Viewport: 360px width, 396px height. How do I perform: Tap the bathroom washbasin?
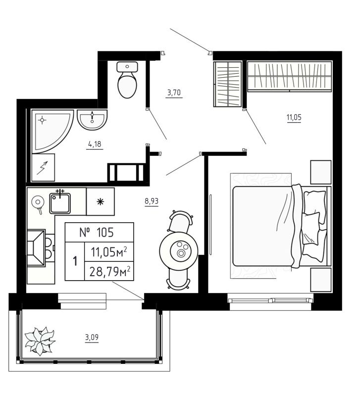point(92,119)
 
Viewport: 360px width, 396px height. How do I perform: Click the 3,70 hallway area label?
point(174,92)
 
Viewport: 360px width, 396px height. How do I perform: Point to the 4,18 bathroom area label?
point(95,145)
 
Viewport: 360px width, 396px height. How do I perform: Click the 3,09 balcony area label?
point(91,338)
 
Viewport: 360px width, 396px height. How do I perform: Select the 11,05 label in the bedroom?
point(294,117)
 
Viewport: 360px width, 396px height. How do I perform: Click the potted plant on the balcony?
point(41,341)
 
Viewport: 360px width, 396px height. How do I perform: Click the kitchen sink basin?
point(60,203)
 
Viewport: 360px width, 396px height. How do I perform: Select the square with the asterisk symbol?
point(100,201)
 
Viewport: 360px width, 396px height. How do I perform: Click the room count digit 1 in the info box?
point(75,261)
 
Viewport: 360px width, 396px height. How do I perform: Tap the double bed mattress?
point(262,225)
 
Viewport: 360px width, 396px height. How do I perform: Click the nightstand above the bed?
point(320,172)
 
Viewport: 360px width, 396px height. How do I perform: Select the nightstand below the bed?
point(320,280)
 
